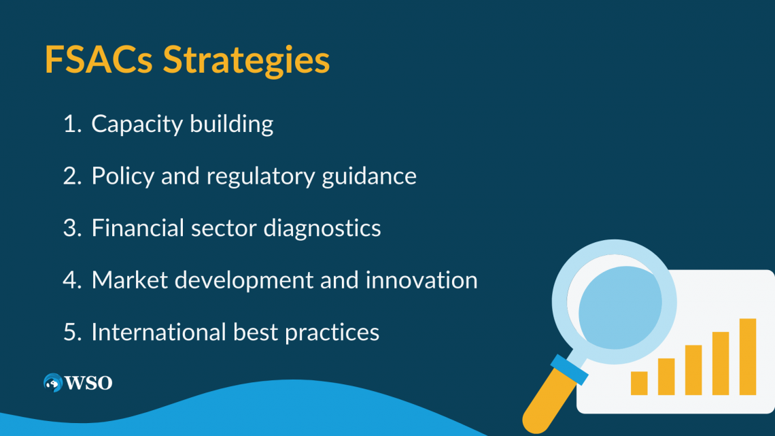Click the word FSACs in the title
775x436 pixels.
99,60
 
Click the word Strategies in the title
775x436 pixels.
246,61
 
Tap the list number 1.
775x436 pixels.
71,124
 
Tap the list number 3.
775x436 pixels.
71,228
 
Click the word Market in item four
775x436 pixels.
124,280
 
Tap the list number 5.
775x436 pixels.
71,332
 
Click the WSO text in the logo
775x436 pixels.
89,383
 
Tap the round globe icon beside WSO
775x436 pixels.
53,383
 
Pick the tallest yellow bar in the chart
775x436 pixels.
748,356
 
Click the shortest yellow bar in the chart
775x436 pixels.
639,383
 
